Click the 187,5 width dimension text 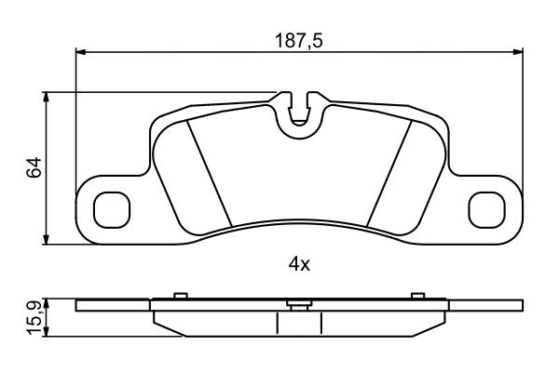(299, 41)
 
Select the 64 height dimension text (34, 167)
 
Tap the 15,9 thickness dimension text (34, 318)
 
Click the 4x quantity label (299, 264)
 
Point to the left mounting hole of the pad (112, 210)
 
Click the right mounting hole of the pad (487, 210)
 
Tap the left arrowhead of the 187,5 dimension (81, 52)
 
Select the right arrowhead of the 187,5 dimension (518, 52)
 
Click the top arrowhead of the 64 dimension (46, 98)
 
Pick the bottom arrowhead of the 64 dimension (46, 239)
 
